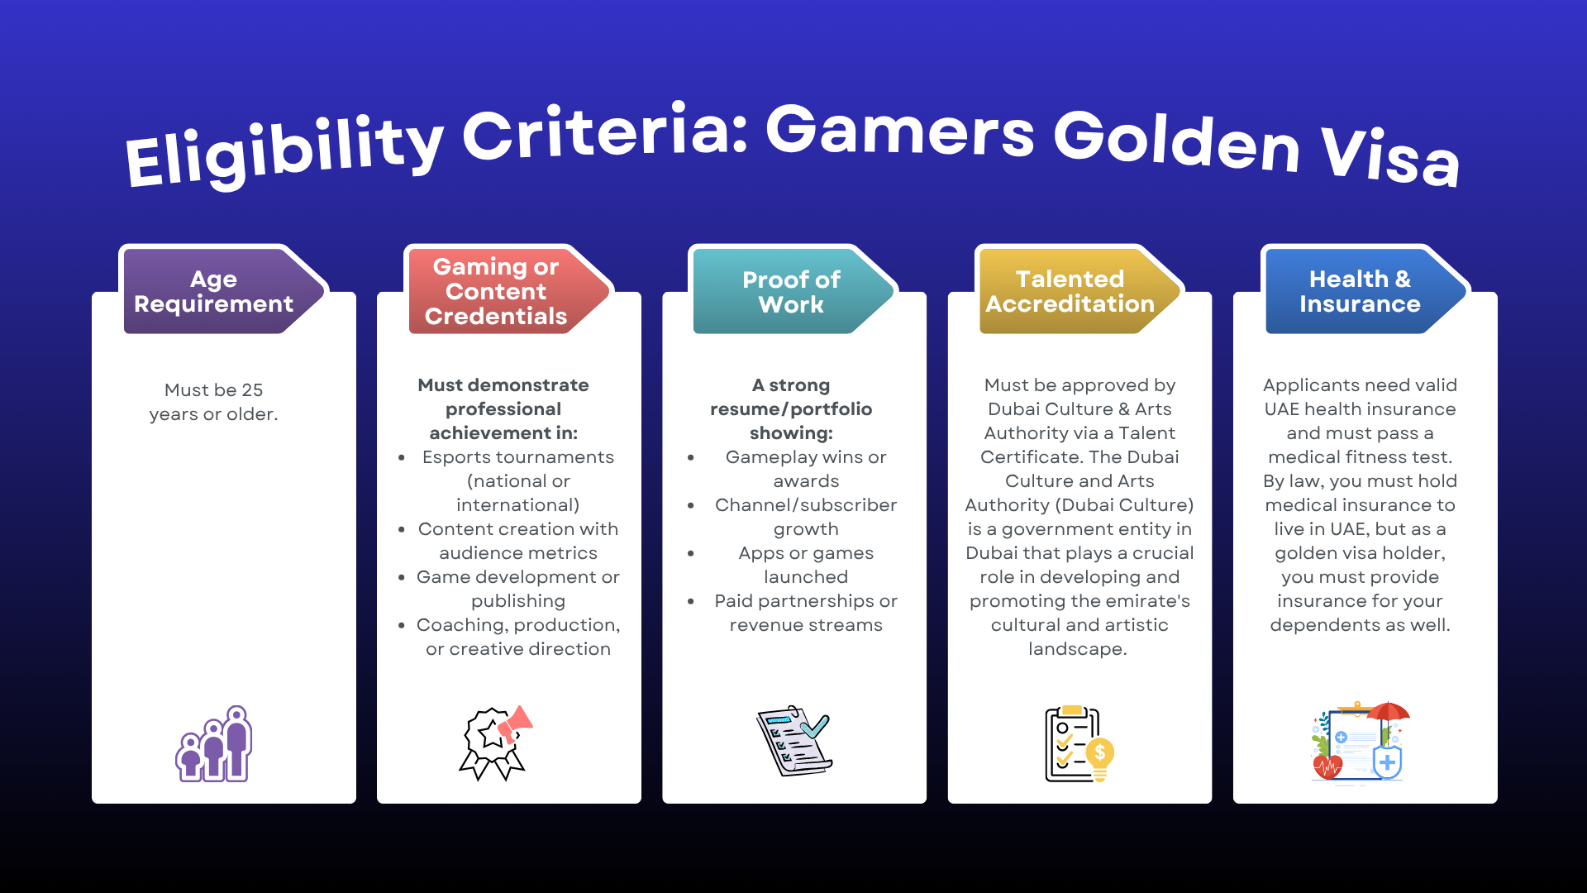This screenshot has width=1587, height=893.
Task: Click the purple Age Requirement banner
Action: point(214,291)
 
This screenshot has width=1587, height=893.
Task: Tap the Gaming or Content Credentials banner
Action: point(496,291)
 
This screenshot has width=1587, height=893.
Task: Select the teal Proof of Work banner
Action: point(791,291)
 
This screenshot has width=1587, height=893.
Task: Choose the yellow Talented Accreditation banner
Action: point(1070,291)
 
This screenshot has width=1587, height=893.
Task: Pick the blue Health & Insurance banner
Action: point(1360,291)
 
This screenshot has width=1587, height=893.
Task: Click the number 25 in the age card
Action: point(252,390)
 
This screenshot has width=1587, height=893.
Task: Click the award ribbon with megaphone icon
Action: point(495,743)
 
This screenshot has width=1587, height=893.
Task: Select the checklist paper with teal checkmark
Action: point(793,741)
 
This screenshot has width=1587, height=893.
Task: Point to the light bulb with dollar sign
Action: point(1100,757)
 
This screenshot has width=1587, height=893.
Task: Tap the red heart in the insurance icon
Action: point(1327,767)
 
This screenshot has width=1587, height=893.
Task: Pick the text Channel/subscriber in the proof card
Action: point(805,505)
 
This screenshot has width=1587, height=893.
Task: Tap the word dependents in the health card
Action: point(1322,625)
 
